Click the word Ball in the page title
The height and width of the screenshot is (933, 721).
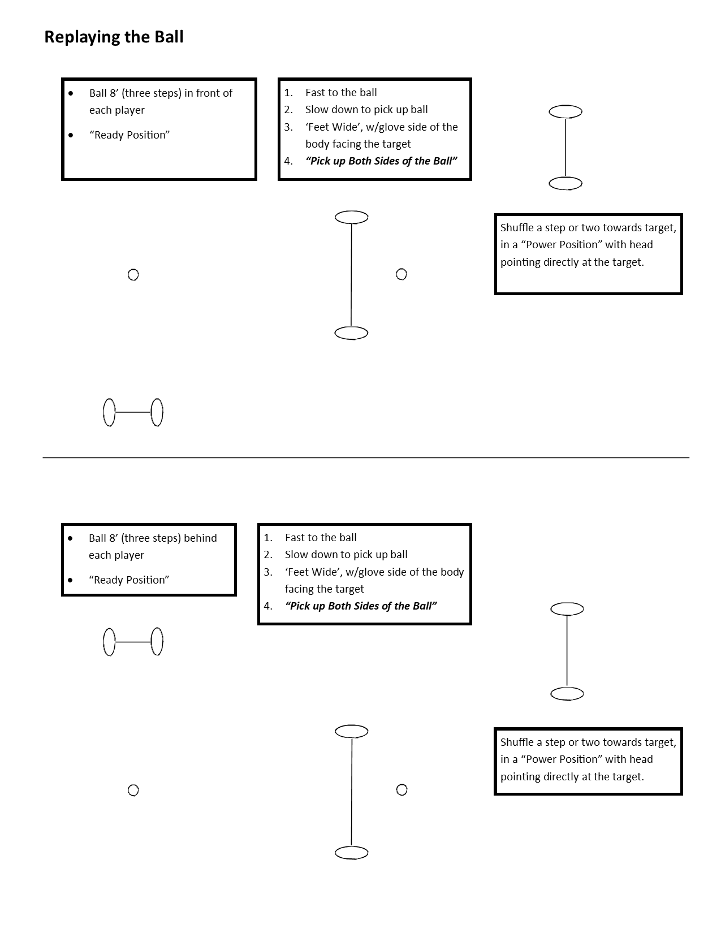(x=169, y=37)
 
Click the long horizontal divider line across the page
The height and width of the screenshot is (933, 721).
(x=366, y=457)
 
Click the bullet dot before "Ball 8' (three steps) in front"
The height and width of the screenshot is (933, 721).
(x=71, y=93)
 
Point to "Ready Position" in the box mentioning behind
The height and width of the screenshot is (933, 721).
(x=129, y=580)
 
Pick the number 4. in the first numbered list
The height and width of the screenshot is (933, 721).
(x=288, y=161)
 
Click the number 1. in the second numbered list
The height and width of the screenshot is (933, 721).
(x=268, y=538)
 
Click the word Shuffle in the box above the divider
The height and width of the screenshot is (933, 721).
(x=517, y=228)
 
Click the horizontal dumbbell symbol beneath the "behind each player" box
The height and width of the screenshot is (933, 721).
(x=133, y=642)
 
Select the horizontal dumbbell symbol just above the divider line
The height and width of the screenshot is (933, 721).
(x=133, y=412)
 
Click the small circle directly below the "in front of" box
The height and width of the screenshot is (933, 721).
(x=133, y=275)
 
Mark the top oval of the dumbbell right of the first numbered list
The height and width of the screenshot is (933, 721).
(x=565, y=112)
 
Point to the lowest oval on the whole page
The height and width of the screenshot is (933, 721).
(x=352, y=853)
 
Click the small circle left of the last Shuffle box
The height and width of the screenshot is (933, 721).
(x=401, y=790)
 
